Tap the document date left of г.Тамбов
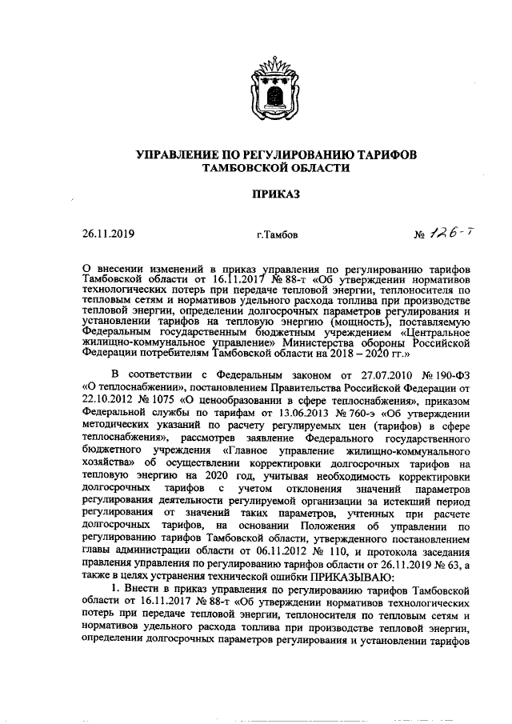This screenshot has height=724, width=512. pyautogui.click(x=109, y=234)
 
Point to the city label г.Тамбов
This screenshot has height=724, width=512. pyautogui.click(x=276, y=236)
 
